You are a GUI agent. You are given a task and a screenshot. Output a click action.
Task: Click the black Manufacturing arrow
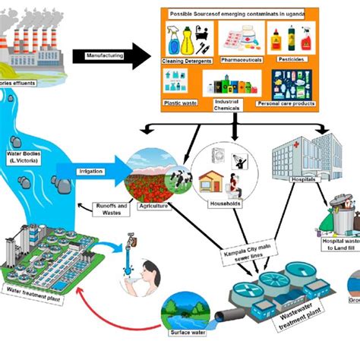point(106,55)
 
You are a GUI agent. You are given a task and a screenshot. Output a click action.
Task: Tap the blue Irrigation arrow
point(95,172)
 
